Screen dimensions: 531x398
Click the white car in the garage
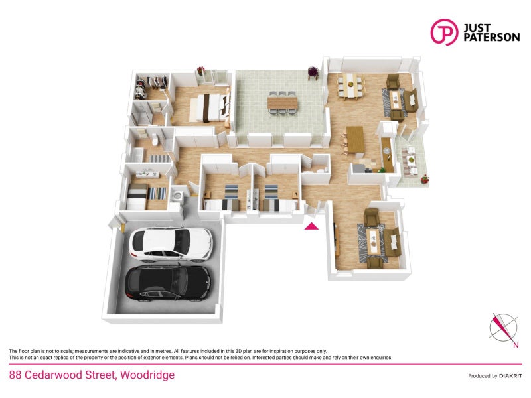coord(171,244)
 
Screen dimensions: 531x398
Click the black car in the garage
coord(169,283)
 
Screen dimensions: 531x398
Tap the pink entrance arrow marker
coord(311,226)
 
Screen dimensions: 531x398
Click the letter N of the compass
coord(516,345)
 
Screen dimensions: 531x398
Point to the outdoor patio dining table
coord(283,102)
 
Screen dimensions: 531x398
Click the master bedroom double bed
coord(209,107)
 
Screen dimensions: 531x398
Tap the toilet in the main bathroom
coord(155,139)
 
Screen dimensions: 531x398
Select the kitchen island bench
coord(356,139)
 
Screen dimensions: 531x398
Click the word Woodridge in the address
coord(147,375)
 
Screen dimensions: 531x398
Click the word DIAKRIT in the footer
coord(510,376)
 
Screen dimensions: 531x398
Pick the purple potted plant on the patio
coord(313,72)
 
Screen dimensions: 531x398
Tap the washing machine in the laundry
coord(177,196)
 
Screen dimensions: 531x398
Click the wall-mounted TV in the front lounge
coord(337,241)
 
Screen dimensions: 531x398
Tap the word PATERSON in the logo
coord(491,37)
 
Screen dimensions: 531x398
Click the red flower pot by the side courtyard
coord(425,179)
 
